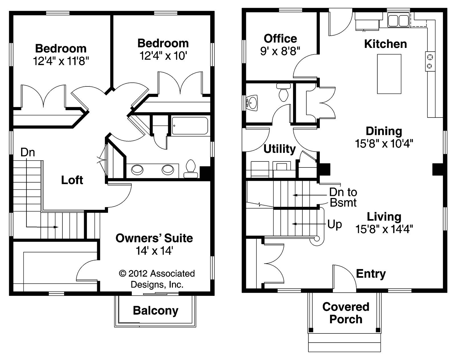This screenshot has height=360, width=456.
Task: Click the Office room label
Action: (280, 39)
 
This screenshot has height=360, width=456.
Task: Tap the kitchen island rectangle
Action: (389, 74)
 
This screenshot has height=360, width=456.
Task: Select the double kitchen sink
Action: (398, 20)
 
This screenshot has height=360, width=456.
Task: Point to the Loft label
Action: (72, 180)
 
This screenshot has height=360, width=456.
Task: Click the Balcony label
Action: (156, 311)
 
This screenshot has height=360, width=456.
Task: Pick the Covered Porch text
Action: (346, 313)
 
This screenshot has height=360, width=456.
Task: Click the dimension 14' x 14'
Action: (154, 250)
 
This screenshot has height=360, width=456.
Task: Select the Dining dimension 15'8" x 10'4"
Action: (384, 143)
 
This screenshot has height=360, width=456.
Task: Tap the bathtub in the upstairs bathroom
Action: (190, 126)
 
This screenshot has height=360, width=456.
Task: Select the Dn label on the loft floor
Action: (28, 152)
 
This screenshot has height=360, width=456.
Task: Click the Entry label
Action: (371, 274)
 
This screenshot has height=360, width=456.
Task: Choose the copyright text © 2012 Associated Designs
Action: (157, 279)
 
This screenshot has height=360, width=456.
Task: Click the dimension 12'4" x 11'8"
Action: (61, 61)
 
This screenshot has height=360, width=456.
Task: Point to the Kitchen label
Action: (385, 44)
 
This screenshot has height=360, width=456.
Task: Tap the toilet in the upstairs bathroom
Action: (190, 169)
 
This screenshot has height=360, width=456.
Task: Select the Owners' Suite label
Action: (154, 238)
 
